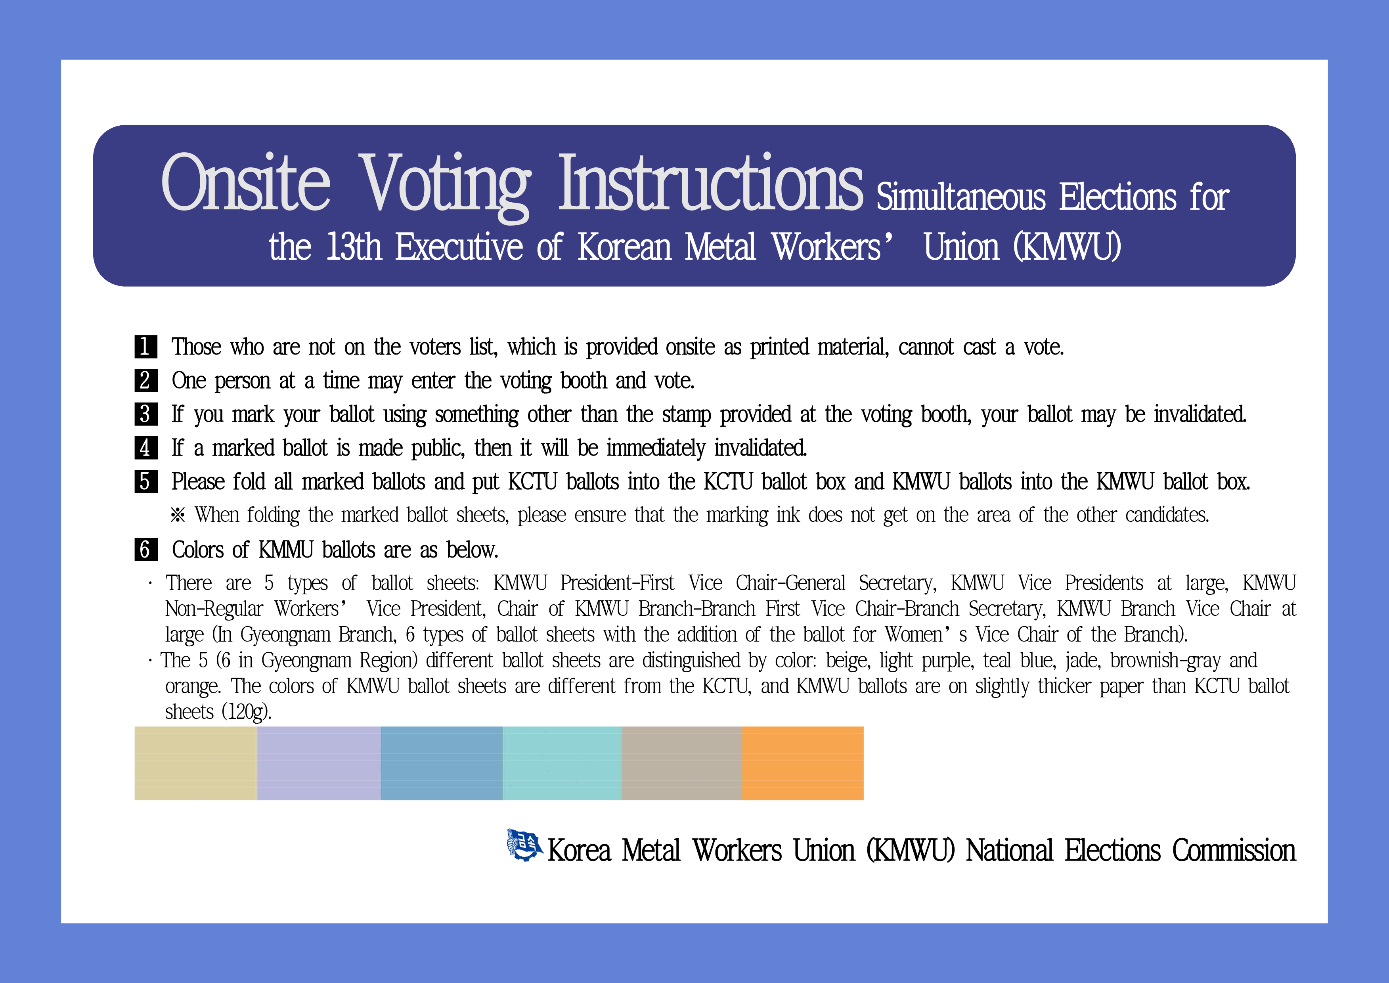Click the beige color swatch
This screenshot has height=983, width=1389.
[x=195, y=763]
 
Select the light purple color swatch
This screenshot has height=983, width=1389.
[x=319, y=763]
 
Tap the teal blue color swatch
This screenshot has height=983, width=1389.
[x=442, y=763]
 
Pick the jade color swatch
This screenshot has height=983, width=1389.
[x=562, y=763]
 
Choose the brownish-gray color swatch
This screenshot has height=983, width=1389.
[x=682, y=763]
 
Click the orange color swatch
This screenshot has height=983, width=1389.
[x=803, y=763]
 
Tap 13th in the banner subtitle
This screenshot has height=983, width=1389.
[x=354, y=247]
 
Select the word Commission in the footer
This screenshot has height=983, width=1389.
[x=1234, y=851]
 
